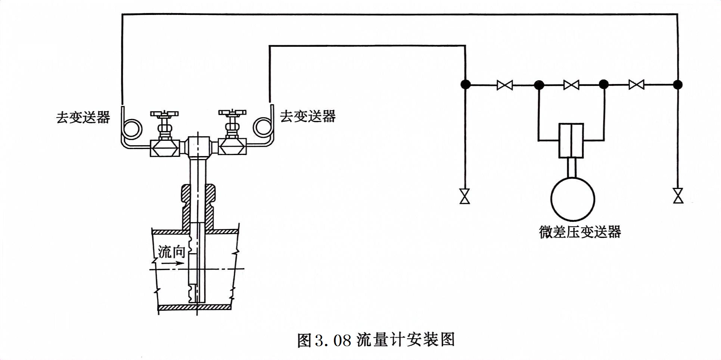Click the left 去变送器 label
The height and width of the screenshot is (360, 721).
[x=83, y=117]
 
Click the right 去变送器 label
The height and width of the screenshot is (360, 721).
[x=308, y=116]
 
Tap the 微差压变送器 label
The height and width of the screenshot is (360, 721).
[x=580, y=232]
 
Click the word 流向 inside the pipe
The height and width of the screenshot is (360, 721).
[x=171, y=252]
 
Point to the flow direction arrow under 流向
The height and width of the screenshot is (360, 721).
[x=173, y=263]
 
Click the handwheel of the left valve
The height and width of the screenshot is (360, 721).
[x=164, y=114]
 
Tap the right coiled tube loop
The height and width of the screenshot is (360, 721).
[x=263, y=127]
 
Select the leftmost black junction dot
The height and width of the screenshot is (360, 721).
[x=465, y=85]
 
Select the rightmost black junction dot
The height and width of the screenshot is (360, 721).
[x=678, y=85]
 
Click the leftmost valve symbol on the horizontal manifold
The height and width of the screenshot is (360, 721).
[x=505, y=85]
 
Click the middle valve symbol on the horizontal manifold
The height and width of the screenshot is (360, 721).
[x=571, y=85]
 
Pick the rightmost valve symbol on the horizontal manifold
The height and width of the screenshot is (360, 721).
[x=636, y=85]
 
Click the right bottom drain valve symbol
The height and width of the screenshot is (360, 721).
[x=678, y=196]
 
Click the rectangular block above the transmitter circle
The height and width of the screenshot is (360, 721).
[x=571, y=140]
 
